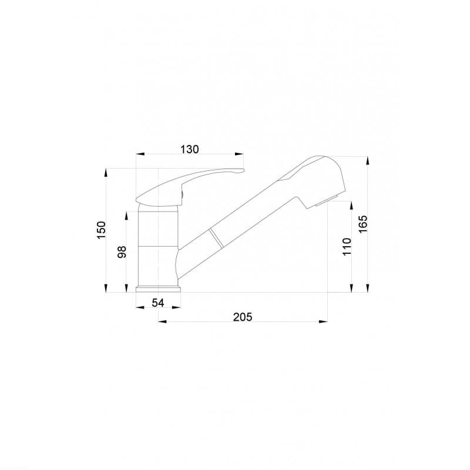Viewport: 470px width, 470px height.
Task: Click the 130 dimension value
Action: point(189,149)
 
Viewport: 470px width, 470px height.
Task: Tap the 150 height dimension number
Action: point(102,230)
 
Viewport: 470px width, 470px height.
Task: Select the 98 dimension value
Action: point(122,252)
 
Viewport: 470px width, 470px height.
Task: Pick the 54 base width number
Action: point(158,303)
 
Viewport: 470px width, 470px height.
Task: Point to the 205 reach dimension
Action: point(243,317)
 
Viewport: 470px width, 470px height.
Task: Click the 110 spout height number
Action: point(347,246)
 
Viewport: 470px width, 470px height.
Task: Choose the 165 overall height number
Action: point(362,224)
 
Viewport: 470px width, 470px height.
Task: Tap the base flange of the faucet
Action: point(158,289)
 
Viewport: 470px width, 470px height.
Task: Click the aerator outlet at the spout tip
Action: point(327,200)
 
